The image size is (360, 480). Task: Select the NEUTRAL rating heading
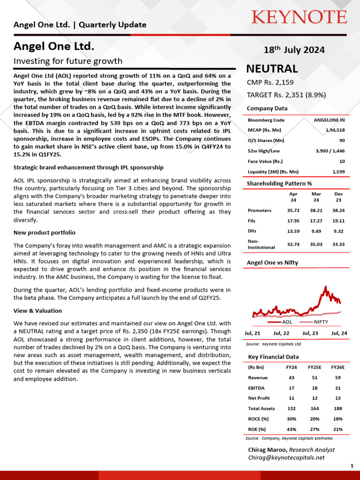click(x=272, y=69)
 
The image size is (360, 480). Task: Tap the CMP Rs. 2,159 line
click(x=270, y=82)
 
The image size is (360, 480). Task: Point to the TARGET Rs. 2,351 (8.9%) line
click(x=286, y=95)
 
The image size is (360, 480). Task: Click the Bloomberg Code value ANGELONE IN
click(x=329, y=120)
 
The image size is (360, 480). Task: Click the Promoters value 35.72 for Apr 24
click(x=293, y=210)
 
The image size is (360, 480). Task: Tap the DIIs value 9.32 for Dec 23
click(x=338, y=231)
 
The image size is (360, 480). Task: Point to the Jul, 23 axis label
click(x=310, y=333)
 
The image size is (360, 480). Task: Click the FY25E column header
click(x=315, y=367)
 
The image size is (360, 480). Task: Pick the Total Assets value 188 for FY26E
click(x=337, y=409)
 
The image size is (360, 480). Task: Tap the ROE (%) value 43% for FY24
click(x=292, y=429)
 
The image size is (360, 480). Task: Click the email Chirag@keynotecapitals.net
click(x=286, y=457)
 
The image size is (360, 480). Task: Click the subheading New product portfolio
click(x=45, y=233)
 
